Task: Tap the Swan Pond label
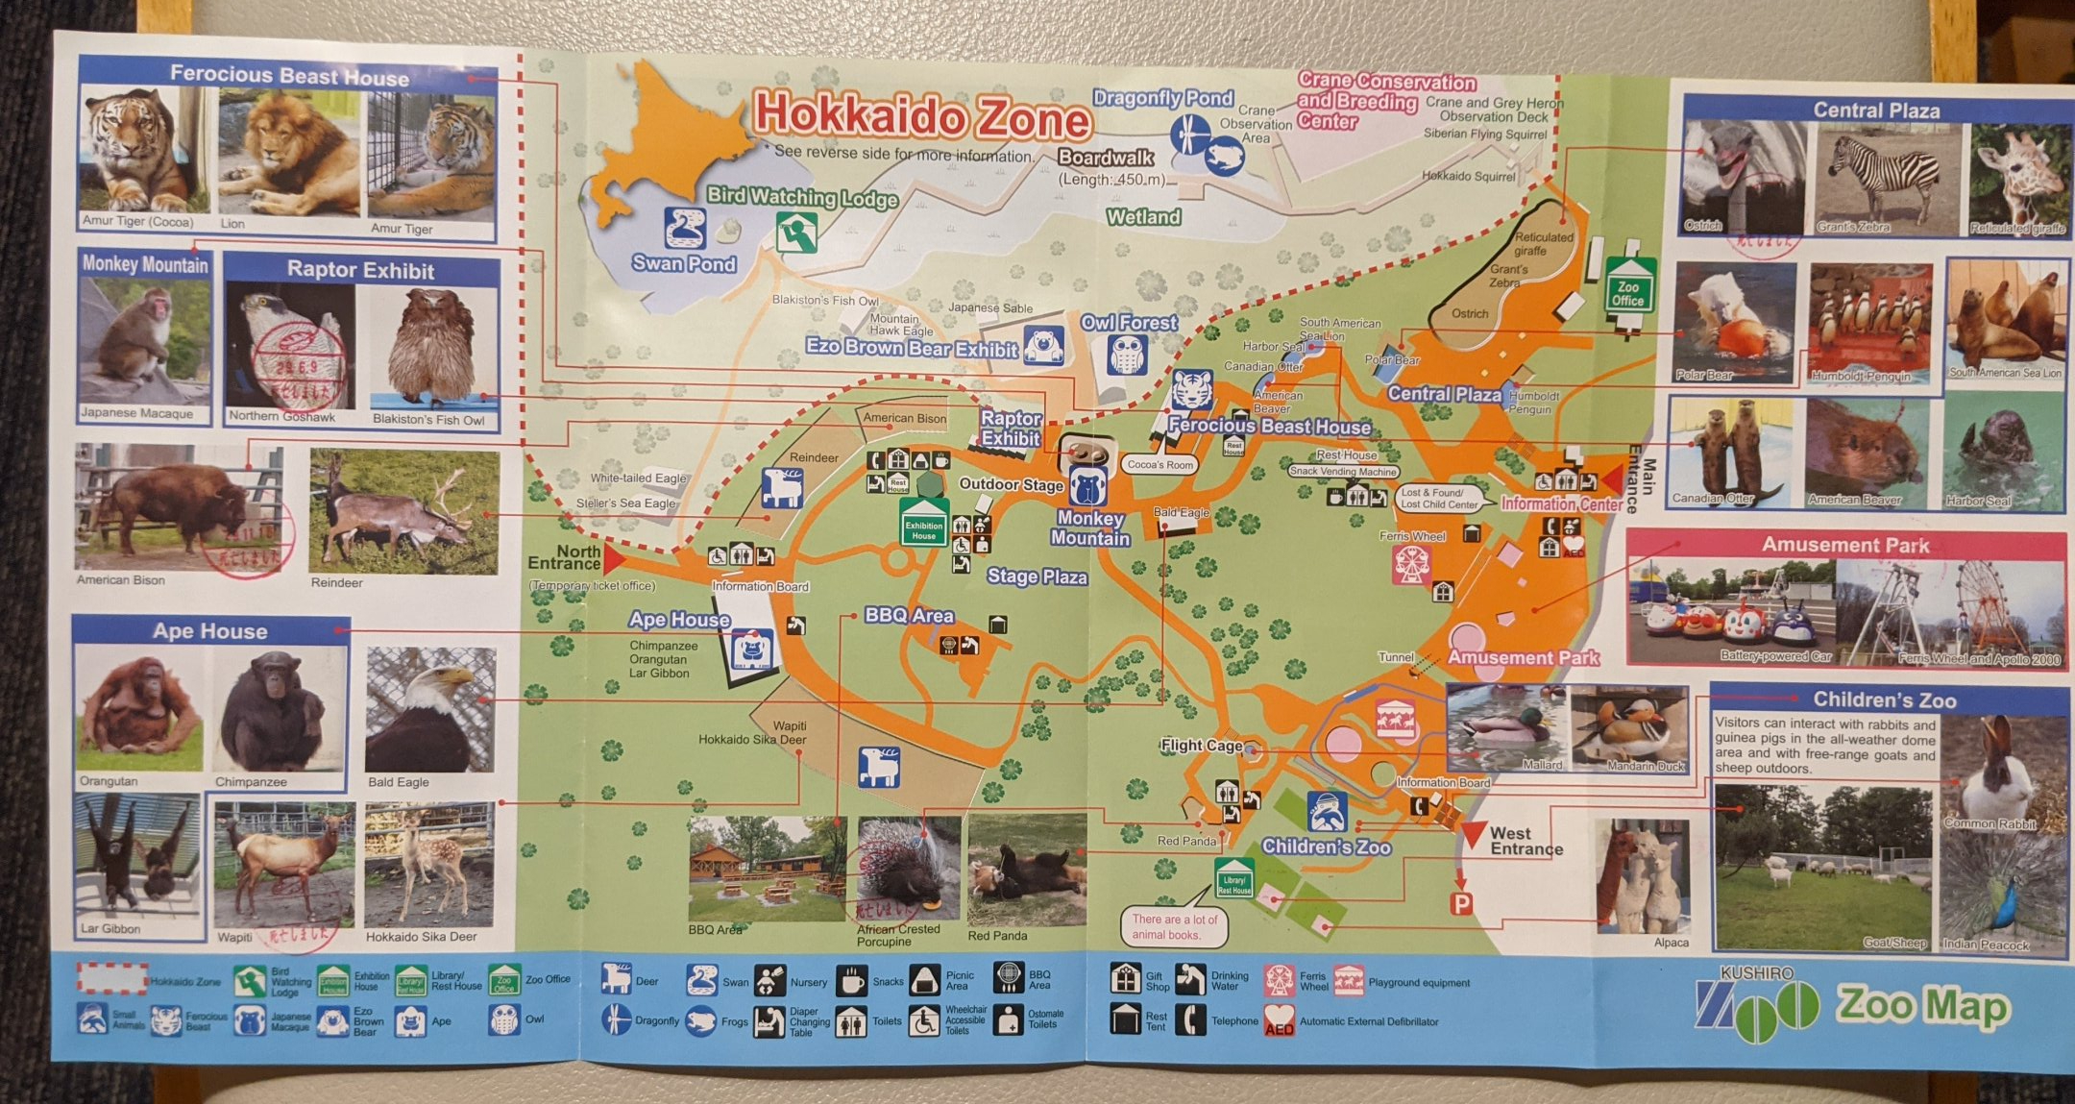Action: point(684,263)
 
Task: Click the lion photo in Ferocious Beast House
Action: point(287,154)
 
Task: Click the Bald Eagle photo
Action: point(429,710)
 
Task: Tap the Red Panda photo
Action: point(1026,870)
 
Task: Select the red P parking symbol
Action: point(1461,904)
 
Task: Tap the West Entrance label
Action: point(1526,841)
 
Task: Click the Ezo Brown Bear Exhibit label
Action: point(911,348)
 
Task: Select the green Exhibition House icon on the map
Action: point(924,524)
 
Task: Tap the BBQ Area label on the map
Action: point(908,615)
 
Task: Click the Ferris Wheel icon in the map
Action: point(1411,566)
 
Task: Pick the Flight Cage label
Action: point(1201,745)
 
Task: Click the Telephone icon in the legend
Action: point(1190,1019)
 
